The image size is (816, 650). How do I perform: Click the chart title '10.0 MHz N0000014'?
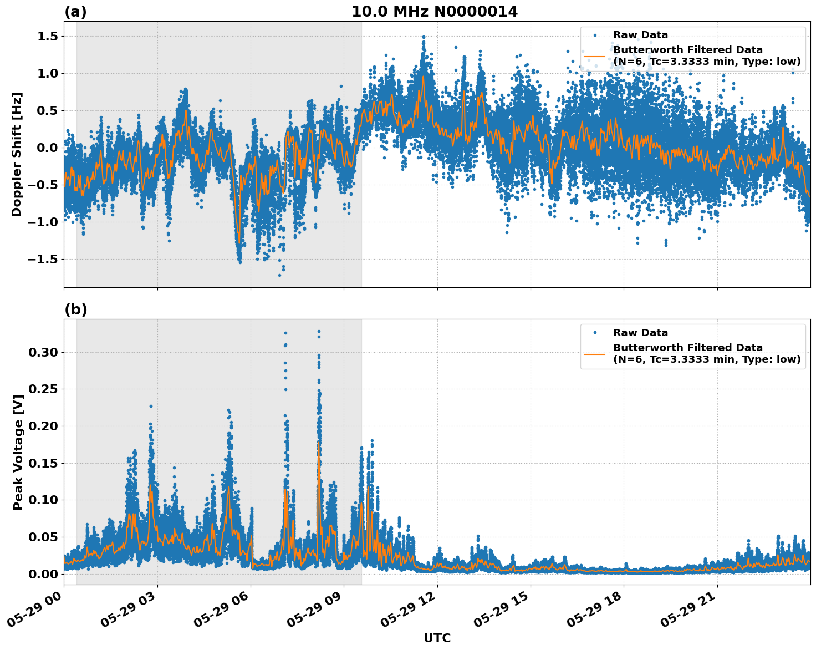tap(434, 12)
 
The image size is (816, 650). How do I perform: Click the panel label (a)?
tap(75, 12)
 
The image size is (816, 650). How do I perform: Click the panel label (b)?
tap(75, 309)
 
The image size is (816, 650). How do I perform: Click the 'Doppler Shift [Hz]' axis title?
tap(17, 154)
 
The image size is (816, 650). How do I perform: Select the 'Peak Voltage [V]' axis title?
tap(18, 452)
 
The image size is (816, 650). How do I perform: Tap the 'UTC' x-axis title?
tap(437, 638)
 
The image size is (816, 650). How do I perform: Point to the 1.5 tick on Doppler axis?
tap(46, 37)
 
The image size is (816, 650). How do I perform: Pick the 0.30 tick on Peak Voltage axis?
tap(43, 353)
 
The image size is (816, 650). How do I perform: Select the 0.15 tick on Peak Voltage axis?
tap(43, 464)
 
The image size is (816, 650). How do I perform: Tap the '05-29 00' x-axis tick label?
tap(36, 608)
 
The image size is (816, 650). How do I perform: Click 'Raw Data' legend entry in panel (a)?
tap(640, 35)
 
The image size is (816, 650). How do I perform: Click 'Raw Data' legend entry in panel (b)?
tap(640, 333)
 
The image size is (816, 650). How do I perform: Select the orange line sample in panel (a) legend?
tap(594, 55)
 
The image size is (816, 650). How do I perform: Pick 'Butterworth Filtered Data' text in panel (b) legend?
tap(687, 348)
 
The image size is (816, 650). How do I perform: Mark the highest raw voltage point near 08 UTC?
tap(319, 332)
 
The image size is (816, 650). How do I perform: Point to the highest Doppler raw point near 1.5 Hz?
tap(424, 37)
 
